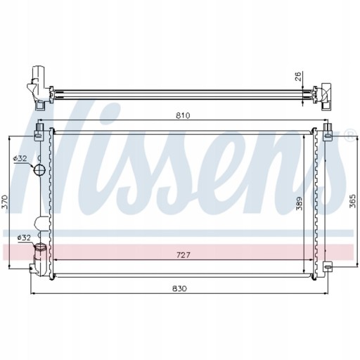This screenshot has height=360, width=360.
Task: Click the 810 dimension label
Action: click(x=183, y=115)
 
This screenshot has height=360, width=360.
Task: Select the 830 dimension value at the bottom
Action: click(x=180, y=288)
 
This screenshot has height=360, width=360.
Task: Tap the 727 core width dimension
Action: click(x=183, y=255)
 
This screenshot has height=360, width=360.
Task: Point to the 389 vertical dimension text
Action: click(x=299, y=203)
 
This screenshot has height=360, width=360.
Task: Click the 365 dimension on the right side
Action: click(x=352, y=201)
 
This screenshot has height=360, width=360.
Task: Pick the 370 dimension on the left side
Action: click(x=5, y=202)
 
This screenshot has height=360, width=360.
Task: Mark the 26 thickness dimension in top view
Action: click(x=298, y=77)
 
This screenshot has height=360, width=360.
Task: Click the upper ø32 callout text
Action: click(x=20, y=158)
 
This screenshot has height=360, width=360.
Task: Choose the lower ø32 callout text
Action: click(x=24, y=238)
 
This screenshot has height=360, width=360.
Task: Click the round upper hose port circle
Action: click(x=39, y=169)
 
